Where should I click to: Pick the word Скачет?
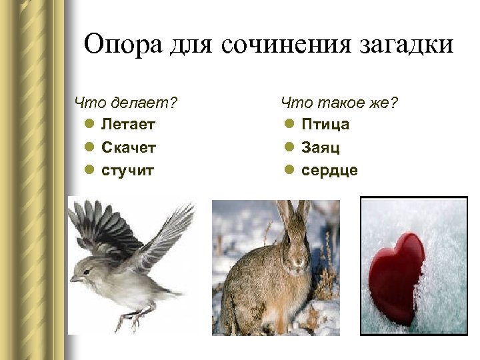pyautogui.click(x=129, y=147)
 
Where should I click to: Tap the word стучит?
pyautogui.click(x=127, y=170)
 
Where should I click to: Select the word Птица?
pyautogui.click(x=325, y=124)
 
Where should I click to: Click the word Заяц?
pyautogui.click(x=321, y=147)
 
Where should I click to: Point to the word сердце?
pyautogui.click(x=329, y=170)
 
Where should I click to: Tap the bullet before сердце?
pyautogui.click(x=289, y=171)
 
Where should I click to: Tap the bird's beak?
pyautogui.click(x=74, y=277)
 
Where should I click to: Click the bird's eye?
pyautogui.click(x=87, y=269)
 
